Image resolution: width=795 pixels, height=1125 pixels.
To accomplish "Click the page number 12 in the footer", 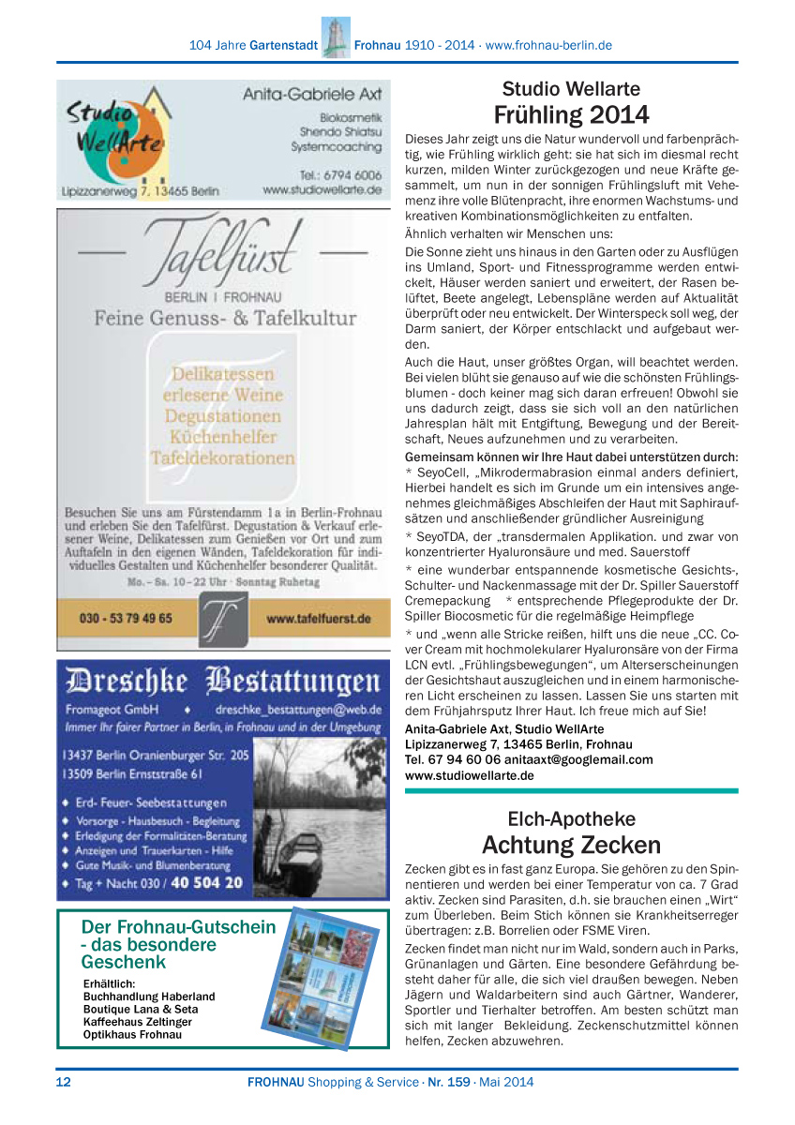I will click(64, 1082).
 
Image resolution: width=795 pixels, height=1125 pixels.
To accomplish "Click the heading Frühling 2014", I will click(571, 115).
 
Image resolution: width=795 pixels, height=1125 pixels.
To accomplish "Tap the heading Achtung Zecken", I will click(571, 845).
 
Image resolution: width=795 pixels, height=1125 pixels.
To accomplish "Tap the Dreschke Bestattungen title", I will click(223, 680).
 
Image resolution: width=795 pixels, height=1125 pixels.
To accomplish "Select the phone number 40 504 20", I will click(206, 883).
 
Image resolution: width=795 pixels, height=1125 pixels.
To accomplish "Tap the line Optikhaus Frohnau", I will click(132, 1035).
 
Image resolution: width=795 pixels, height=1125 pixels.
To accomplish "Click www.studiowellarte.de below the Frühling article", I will click(469, 776).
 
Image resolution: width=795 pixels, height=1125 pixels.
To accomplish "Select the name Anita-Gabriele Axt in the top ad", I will click(312, 94).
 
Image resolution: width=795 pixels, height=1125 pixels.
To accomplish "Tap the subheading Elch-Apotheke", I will click(571, 818).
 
